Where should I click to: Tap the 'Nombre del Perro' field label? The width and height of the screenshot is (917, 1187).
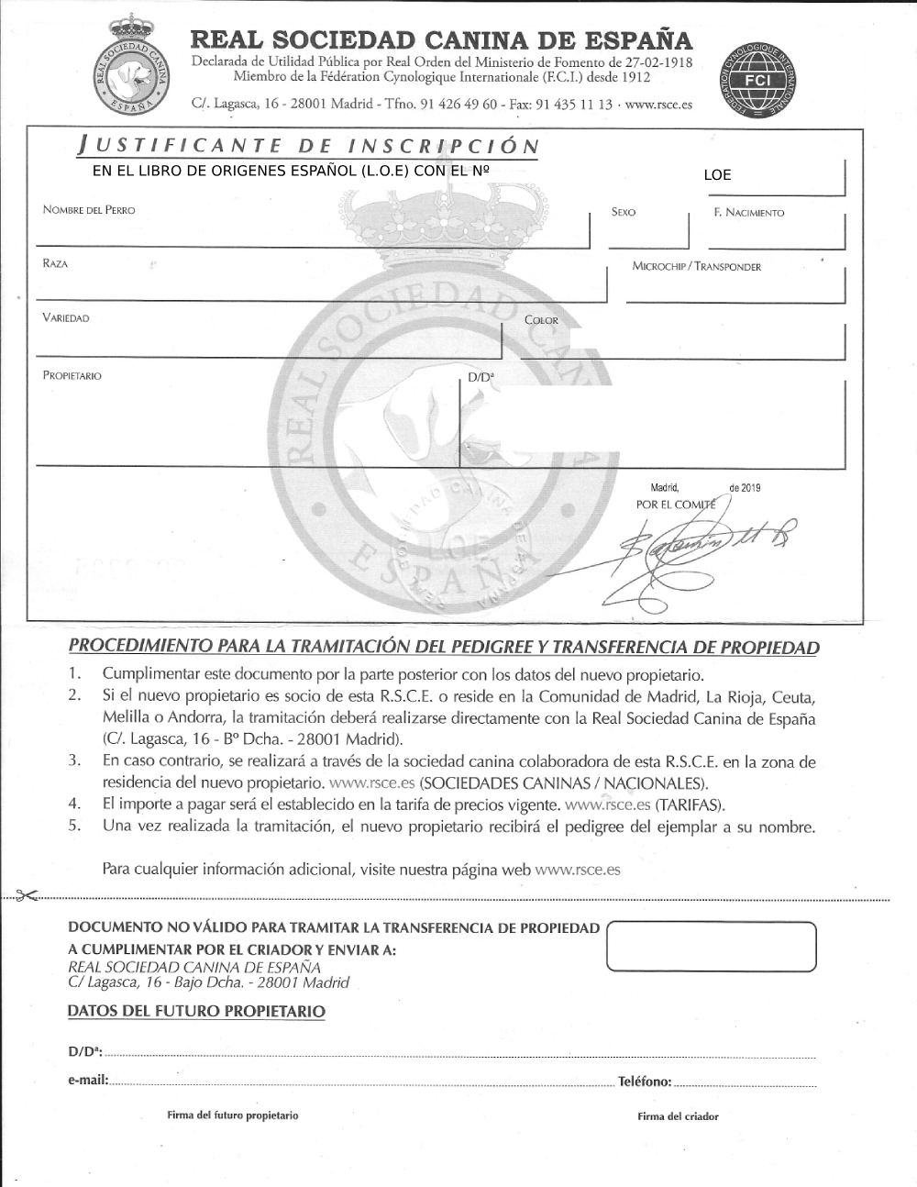(x=89, y=210)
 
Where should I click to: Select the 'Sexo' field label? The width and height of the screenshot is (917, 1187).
(x=624, y=212)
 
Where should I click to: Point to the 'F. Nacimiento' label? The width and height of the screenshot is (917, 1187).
(x=749, y=213)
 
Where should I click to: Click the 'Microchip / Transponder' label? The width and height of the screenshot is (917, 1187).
(x=696, y=267)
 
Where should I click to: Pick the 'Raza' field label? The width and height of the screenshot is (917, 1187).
(x=55, y=264)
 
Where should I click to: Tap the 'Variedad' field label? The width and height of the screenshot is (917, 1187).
(x=66, y=318)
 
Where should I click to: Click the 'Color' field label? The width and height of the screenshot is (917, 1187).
(x=541, y=320)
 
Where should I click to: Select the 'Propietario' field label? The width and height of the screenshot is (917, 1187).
(x=72, y=376)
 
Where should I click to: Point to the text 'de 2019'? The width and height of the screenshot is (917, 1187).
(x=745, y=488)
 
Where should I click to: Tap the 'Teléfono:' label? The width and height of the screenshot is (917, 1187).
(x=645, y=1082)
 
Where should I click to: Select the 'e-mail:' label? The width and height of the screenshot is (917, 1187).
(x=88, y=1082)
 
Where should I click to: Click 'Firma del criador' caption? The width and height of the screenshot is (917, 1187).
(x=678, y=1116)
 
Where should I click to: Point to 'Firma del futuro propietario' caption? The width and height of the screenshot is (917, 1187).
(x=232, y=1115)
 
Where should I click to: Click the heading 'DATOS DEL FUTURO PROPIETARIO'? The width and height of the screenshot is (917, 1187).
(x=196, y=1012)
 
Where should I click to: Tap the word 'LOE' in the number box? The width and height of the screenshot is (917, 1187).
(x=717, y=175)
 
